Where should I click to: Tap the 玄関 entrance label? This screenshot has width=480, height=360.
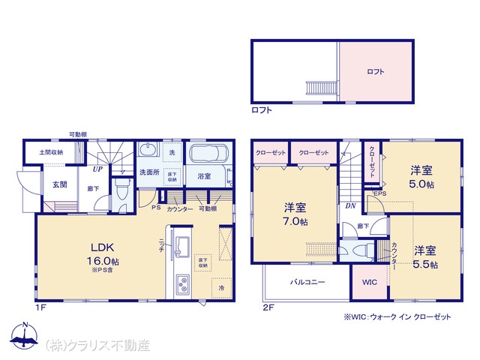pyautogui.click(x=59, y=184)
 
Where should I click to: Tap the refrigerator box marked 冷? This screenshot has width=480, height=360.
pyautogui.click(x=221, y=286)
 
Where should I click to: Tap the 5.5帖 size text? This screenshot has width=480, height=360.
pyautogui.click(x=424, y=265)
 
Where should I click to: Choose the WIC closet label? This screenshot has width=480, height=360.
pyautogui.click(x=370, y=283)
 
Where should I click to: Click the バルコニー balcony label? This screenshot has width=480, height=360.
pyautogui.click(x=307, y=283)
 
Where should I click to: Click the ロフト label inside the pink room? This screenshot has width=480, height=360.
pyautogui.click(x=376, y=72)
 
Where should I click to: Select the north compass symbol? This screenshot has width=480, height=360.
pyautogui.click(x=25, y=339)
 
